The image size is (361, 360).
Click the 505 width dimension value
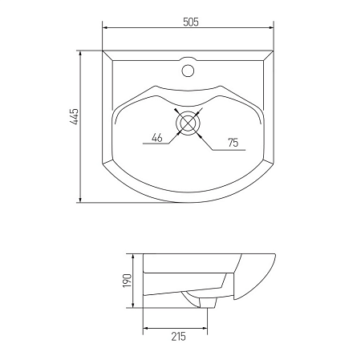click(190, 22)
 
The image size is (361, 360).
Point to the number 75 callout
click(233, 144)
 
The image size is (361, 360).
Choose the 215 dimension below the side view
click(178, 337)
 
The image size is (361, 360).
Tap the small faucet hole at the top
click(189, 69)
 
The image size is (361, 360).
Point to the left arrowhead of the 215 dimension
click(145, 328)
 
